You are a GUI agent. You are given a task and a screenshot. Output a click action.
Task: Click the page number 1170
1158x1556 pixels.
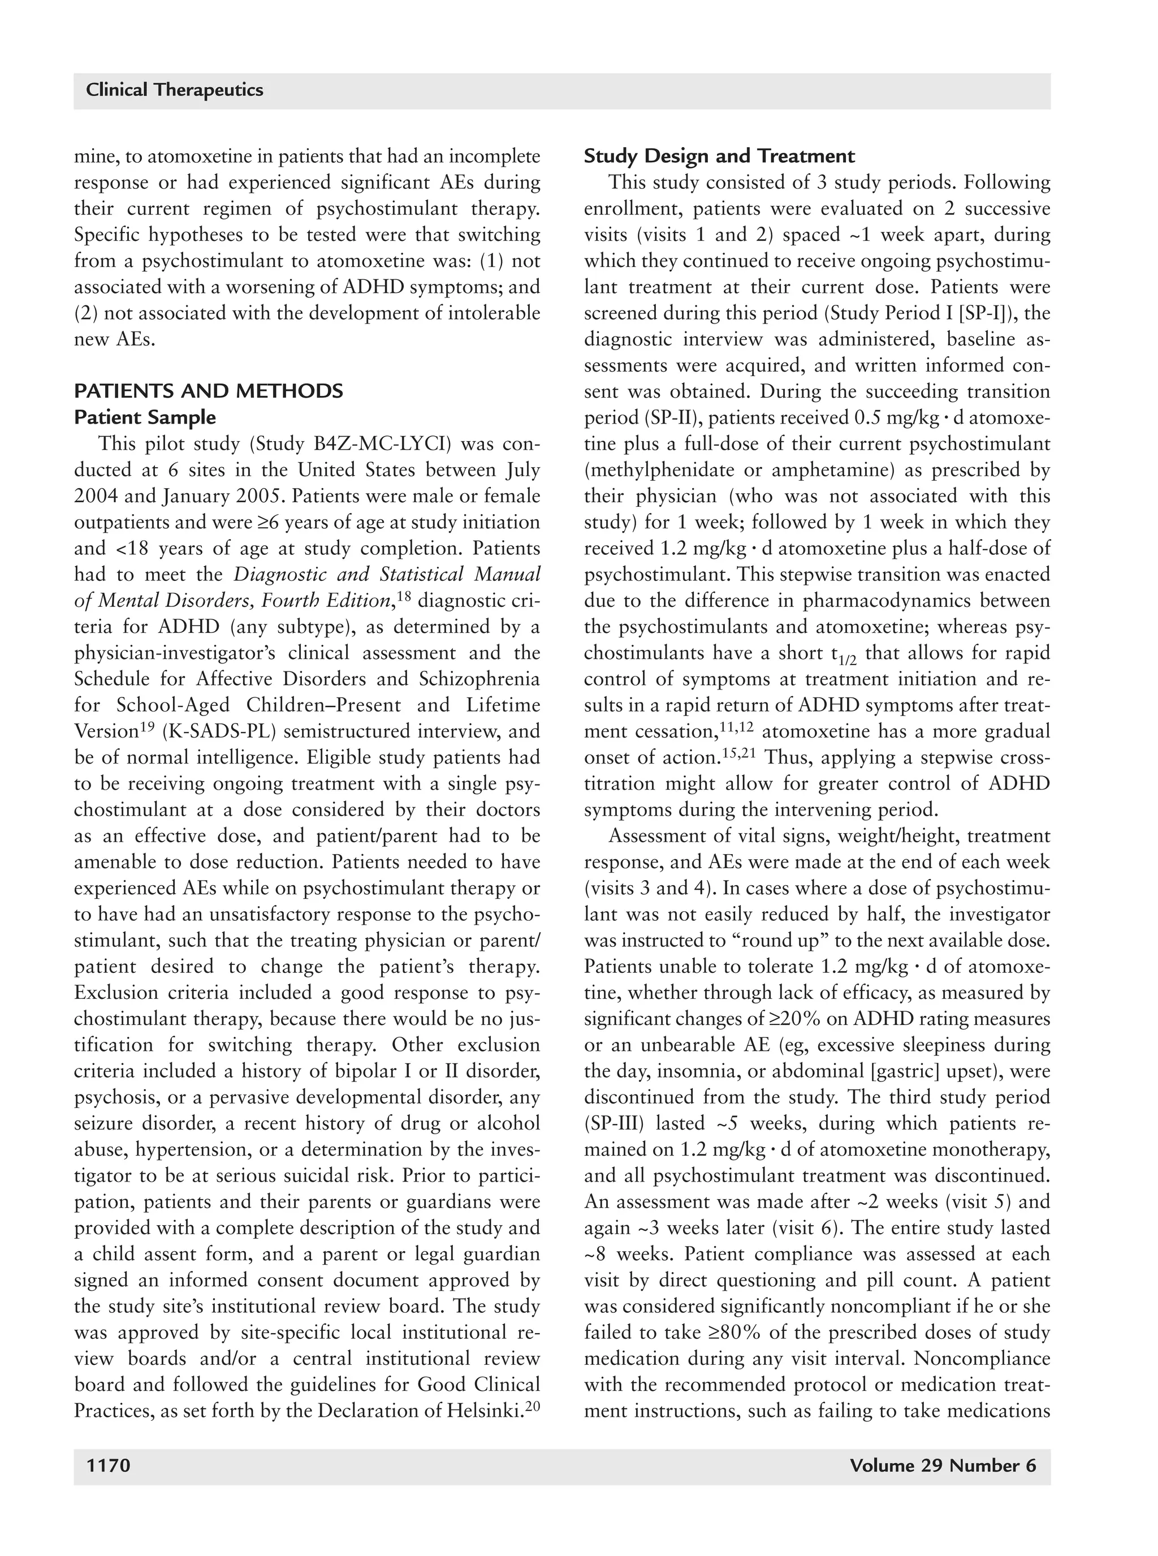108,1466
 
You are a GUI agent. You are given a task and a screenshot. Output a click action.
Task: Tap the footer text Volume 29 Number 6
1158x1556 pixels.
942,1466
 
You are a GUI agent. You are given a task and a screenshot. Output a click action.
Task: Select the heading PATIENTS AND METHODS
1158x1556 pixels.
208,391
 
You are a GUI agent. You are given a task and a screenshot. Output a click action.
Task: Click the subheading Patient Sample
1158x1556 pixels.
145,418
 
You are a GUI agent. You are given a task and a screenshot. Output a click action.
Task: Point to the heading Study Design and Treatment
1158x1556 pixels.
719,156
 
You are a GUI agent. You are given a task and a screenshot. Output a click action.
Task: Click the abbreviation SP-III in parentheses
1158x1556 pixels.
617,1124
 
